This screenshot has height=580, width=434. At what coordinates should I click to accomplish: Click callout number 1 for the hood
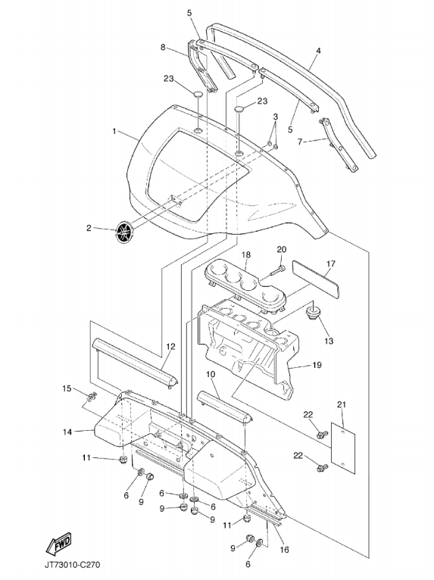pyautogui.click(x=114, y=131)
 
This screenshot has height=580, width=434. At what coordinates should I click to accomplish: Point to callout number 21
pyautogui.click(x=341, y=404)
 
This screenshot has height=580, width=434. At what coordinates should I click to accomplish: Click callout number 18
pyautogui.click(x=246, y=254)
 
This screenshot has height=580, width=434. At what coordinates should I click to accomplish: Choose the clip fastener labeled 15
pyautogui.click(x=91, y=398)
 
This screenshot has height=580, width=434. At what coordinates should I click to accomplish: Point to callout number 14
pyautogui.click(x=67, y=432)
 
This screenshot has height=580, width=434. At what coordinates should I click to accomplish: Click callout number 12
pyautogui.click(x=170, y=347)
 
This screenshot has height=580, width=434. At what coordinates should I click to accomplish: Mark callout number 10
pyautogui.click(x=211, y=374)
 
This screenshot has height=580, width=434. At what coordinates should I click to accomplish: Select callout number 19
pyautogui.click(x=317, y=365)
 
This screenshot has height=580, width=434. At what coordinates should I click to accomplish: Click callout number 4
pyautogui.click(x=318, y=51)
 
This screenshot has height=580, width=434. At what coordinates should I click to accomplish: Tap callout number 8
pyautogui.click(x=163, y=47)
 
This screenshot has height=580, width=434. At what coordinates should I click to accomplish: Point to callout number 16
pyautogui.click(x=284, y=550)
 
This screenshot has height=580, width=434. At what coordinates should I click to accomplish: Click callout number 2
pyautogui.click(x=89, y=228)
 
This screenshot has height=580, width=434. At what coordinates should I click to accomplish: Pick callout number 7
pyautogui.click(x=300, y=141)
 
